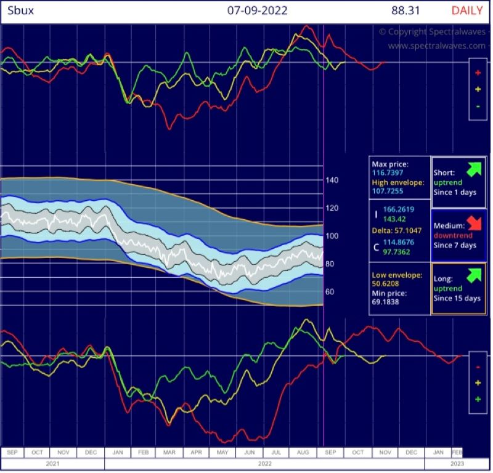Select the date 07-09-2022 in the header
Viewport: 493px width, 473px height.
tap(257, 10)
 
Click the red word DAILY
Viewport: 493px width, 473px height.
tap(467, 10)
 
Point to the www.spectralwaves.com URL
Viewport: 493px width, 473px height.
tap(436, 46)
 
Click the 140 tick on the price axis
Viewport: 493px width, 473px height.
tap(332, 180)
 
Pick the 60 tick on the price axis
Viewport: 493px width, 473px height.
tap(330, 291)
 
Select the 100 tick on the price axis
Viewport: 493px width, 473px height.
tap(332, 236)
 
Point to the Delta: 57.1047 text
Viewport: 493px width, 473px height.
tap(396, 230)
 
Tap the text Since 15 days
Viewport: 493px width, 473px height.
tap(457, 299)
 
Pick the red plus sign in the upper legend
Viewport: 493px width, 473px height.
tap(478, 72)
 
